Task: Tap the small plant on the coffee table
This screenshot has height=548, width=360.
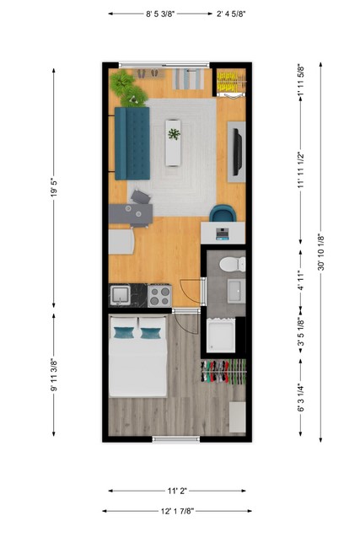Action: (x=174, y=134)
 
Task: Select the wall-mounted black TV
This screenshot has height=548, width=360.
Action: (x=238, y=149)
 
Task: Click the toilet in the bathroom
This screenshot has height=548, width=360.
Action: (x=229, y=265)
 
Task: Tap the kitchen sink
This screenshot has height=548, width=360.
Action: (x=121, y=295)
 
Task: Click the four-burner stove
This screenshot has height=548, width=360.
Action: (x=159, y=295)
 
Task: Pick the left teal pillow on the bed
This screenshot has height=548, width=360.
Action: (x=124, y=332)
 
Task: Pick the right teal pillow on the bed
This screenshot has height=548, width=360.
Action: (x=151, y=332)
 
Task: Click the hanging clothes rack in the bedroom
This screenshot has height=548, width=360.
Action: (x=224, y=372)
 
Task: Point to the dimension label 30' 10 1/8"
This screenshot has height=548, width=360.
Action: (x=320, y=252)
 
